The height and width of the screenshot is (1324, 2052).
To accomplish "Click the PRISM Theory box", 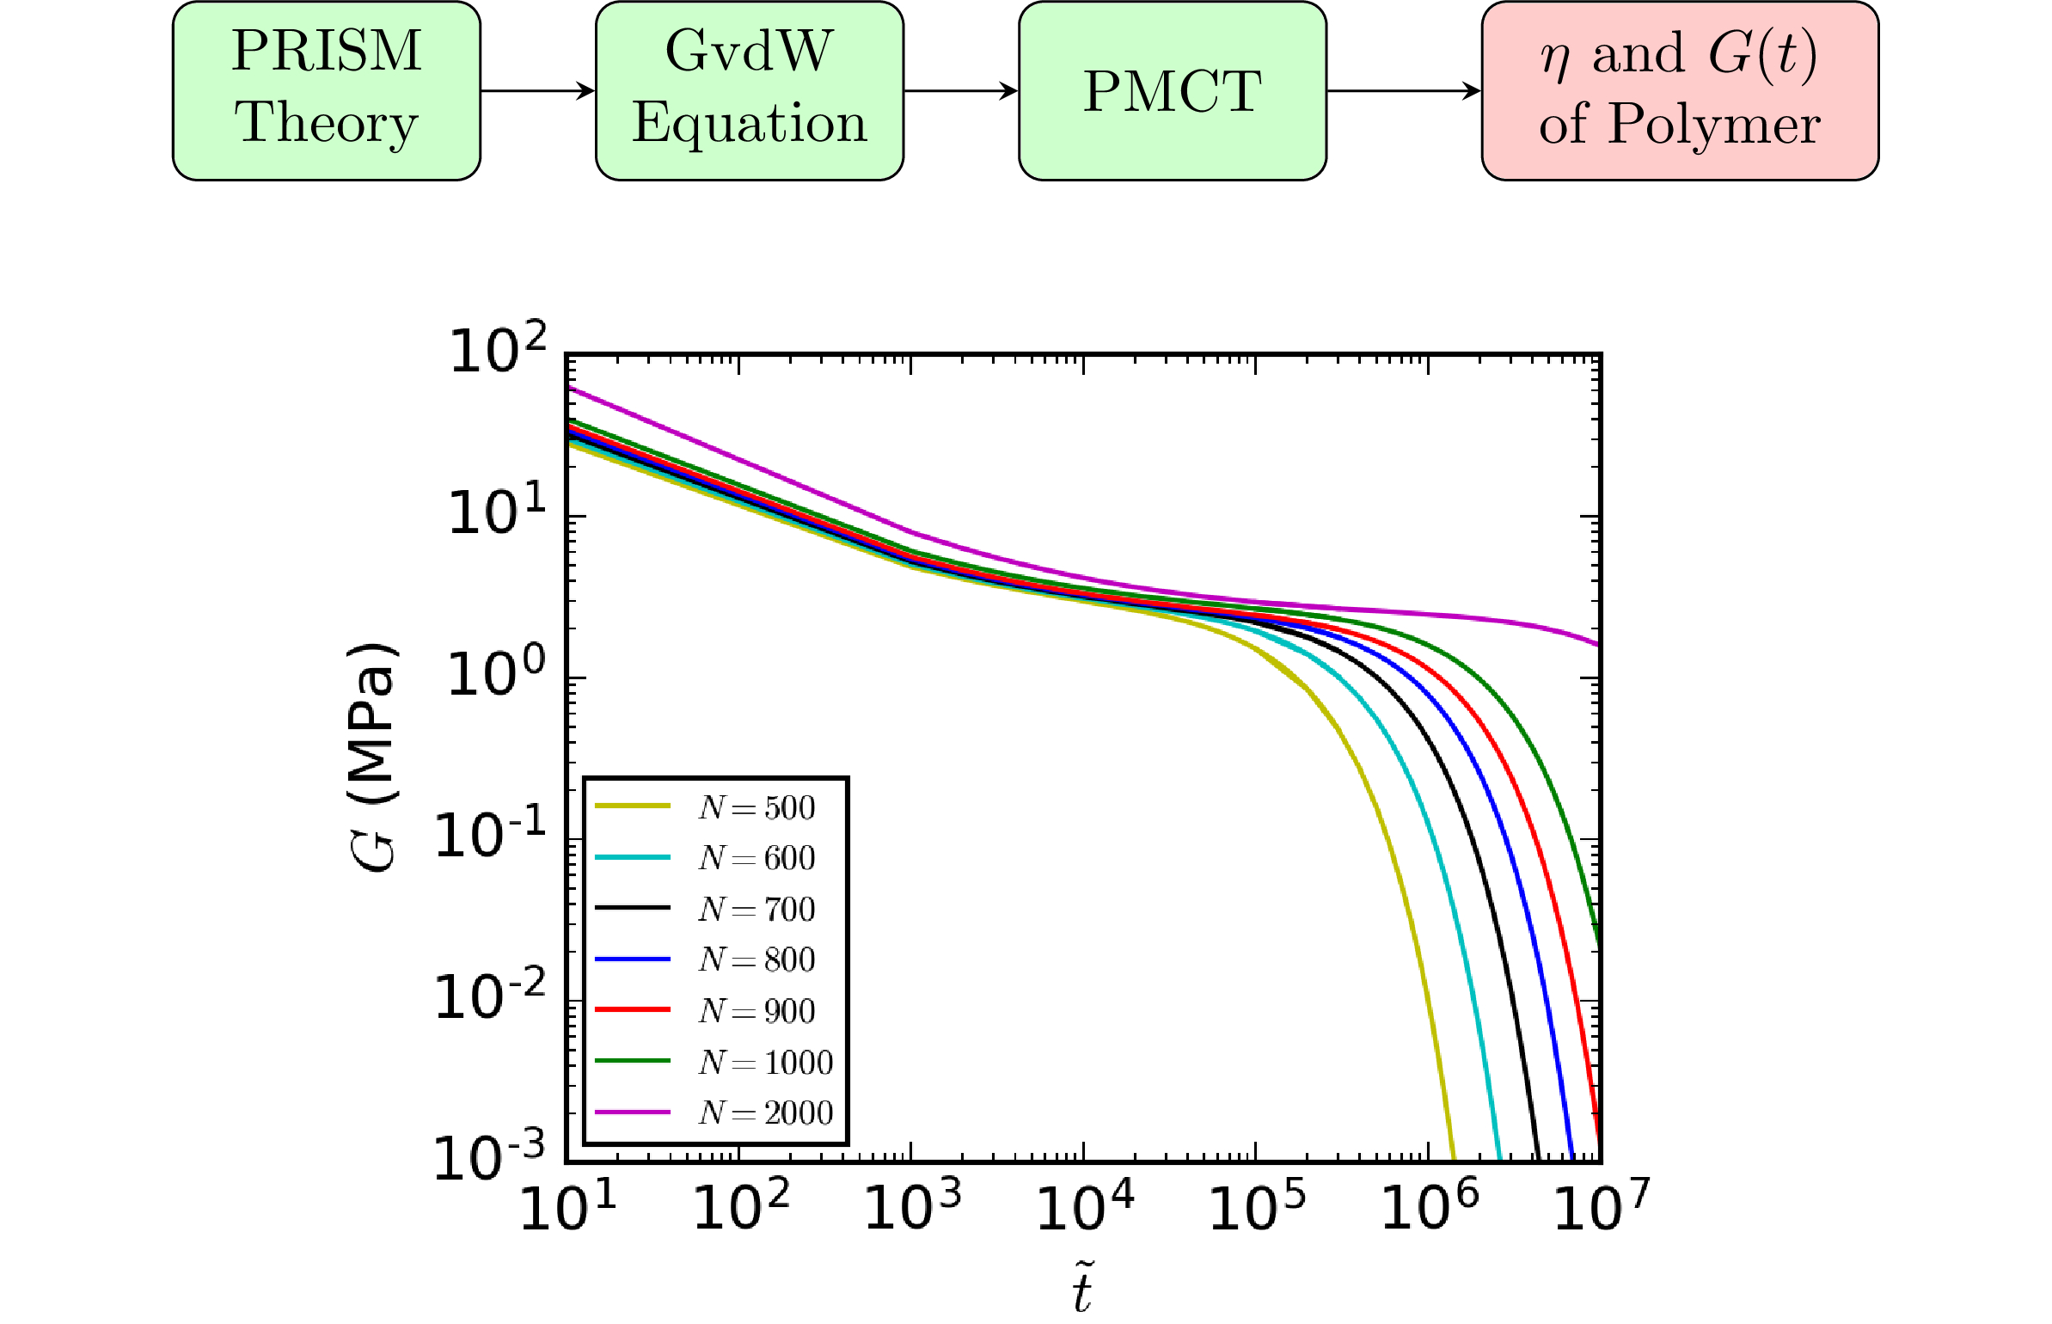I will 327,90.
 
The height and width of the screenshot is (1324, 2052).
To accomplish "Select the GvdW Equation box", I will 749,90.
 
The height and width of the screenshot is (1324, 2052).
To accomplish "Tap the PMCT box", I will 1172,90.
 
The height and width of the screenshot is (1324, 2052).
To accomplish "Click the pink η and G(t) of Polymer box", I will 1679,90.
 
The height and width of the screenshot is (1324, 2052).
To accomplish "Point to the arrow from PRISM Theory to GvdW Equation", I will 537,90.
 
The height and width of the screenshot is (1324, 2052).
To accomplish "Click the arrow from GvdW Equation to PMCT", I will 960,90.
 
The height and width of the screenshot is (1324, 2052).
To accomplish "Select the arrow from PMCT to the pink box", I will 1403,90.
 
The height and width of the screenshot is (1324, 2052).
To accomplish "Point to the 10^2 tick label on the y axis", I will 497,349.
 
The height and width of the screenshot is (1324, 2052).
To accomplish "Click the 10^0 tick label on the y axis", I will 497,672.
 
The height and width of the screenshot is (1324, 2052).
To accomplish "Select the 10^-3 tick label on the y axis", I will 489,1157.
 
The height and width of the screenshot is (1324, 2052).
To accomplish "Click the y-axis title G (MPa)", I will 372,757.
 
